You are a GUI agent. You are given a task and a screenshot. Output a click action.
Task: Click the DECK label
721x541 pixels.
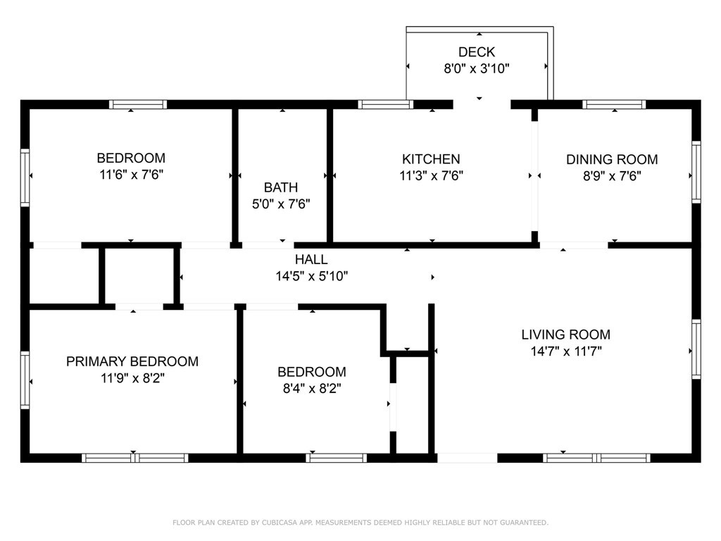click(477, 52)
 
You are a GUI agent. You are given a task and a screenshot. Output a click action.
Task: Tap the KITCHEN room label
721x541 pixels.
click(431, 159)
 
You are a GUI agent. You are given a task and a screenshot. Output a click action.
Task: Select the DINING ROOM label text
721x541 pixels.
click(612, 160)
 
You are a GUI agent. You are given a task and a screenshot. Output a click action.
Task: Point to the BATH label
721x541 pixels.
click(281, 187)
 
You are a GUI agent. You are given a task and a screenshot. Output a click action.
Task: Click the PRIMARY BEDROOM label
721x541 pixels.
click(132, 361)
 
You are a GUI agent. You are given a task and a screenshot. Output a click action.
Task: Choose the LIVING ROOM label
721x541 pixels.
click(565, 335)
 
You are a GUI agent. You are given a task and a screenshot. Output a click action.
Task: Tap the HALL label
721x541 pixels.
click(311, 259)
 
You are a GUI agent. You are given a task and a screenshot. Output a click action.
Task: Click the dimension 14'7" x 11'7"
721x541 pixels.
click(566, 352)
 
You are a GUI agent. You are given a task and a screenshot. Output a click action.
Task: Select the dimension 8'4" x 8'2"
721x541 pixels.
click(312, 389)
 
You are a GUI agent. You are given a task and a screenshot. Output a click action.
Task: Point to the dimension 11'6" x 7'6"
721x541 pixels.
click(132, 175)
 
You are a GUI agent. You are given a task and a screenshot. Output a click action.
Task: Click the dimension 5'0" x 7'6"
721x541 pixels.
click(281, 204)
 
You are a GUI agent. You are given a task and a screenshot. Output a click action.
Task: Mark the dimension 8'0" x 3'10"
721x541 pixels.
click(477, 69)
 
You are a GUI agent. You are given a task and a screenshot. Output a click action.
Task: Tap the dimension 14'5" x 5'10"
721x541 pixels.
click(312, 276)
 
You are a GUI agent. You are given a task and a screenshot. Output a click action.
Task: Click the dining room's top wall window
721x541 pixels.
click(614, 104)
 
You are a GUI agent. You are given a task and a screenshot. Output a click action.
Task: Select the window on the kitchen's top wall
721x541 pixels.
click(385, 104)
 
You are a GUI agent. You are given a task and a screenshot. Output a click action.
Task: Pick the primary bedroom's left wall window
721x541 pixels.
click(25, 380)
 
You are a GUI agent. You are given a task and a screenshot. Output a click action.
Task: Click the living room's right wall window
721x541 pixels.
click(696, 349)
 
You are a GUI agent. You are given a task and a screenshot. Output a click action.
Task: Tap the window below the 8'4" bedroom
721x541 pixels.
click(336, 458)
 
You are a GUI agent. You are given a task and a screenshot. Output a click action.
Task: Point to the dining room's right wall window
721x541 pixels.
click(696, 172)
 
